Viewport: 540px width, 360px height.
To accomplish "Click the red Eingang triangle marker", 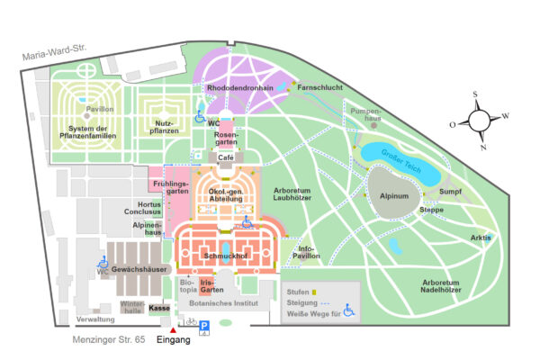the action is point(173,330).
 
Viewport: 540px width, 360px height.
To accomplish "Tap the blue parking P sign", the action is point(204,326).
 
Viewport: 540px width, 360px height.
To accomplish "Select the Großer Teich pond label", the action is point(401,161).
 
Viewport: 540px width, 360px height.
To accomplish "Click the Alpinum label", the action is point(394,196).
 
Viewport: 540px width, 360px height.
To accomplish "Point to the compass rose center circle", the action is point(479,121).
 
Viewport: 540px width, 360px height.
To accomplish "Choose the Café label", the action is point(226,157).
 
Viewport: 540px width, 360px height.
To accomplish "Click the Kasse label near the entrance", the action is point(159,308).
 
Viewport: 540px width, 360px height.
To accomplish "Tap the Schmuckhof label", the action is point(226,256).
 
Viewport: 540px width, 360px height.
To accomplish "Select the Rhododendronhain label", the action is point(240,88).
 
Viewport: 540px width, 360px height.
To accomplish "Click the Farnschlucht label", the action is point(319,87).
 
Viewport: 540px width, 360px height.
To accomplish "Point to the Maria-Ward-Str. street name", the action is point(54,52).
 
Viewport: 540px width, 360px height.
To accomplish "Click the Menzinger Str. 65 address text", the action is point(109,339).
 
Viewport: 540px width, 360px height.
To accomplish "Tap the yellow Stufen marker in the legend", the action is point(314,292).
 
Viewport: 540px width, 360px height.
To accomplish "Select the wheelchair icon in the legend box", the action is point(348,310).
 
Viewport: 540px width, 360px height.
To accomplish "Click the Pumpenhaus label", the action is point(365,114).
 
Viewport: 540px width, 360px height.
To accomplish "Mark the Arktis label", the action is point(481,238).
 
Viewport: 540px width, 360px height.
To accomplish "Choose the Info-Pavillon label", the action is point(306,252).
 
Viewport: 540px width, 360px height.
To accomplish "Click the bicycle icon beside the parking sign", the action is point(192,321).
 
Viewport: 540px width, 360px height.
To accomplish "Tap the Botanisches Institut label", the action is point(223,303).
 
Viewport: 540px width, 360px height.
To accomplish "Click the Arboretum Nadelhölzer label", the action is point(441,286).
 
